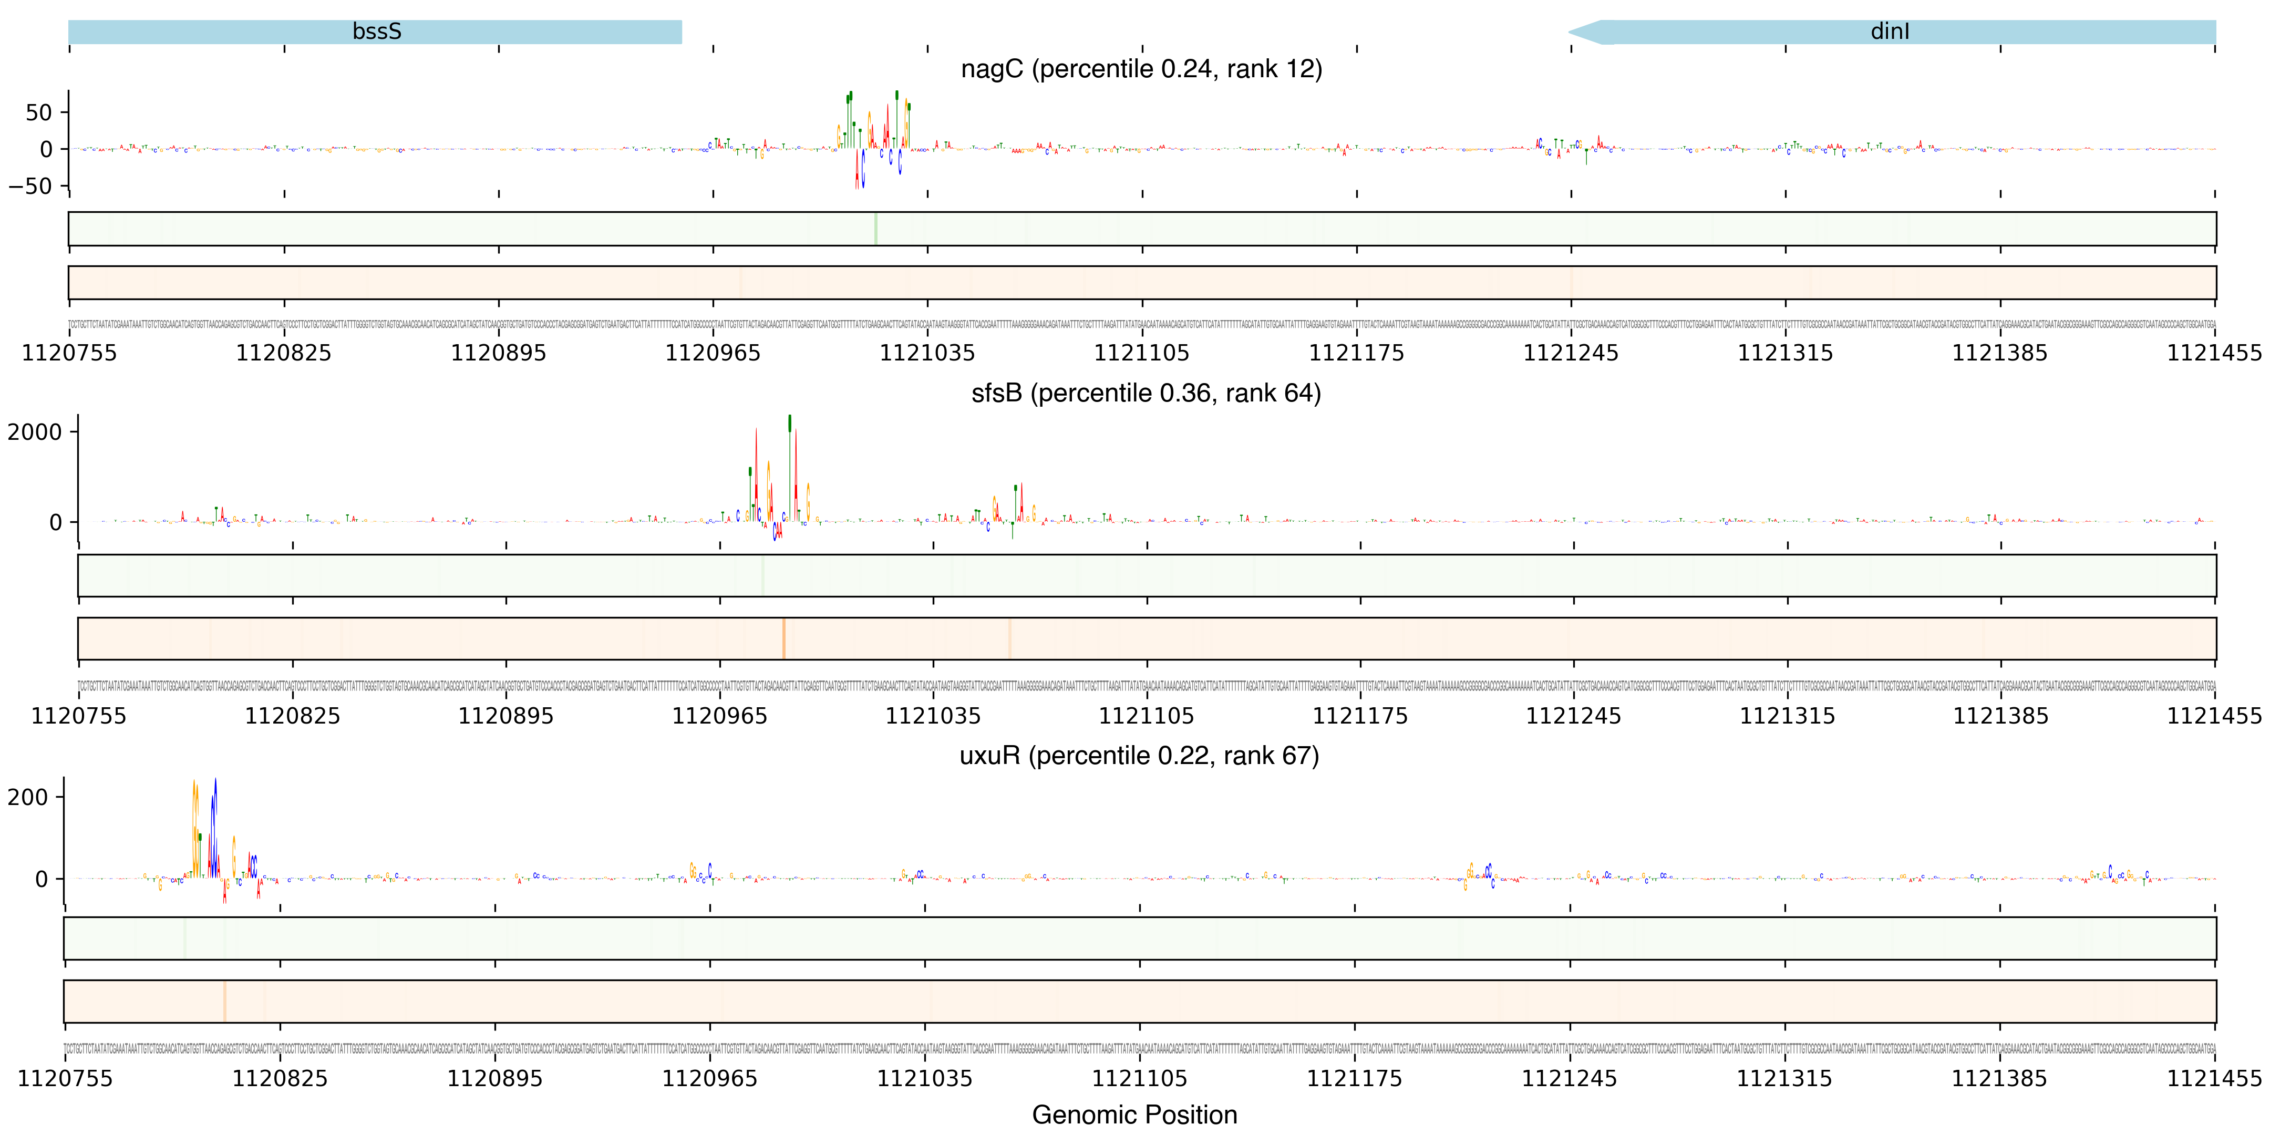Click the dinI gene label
[x=1890, y=32]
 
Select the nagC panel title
[x=1141, y=69]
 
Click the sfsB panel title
[x=1146, y=393]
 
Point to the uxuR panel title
[x=1139, y=756]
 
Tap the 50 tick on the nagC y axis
[x=39, y=113]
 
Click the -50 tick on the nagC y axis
[x=31, y=186]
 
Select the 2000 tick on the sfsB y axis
[x=35, y=432]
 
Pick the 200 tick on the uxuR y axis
[x=28, y=798]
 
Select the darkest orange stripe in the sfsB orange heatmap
[x=783, y=638]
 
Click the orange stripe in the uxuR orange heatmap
[x=225, y=1001]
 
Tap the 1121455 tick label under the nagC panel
[x=2214, y=353]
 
